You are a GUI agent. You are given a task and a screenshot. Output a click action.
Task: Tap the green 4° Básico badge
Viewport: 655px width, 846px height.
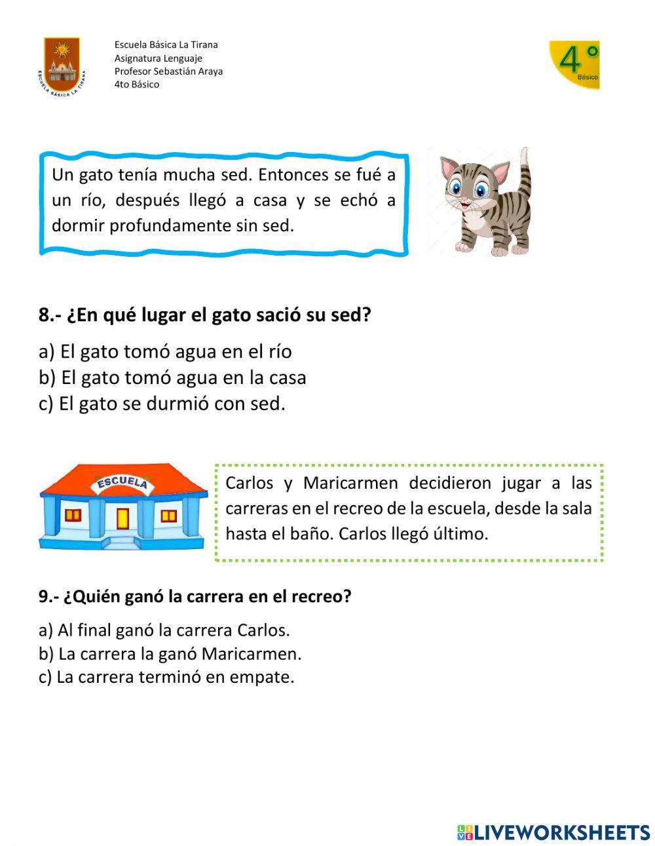click(x=574, y=65)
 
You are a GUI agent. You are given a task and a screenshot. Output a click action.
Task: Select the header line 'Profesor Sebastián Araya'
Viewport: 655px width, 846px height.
click(x=168, y=71)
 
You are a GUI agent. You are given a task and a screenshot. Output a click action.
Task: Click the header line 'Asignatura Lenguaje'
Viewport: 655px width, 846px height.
click(x=158, y=58)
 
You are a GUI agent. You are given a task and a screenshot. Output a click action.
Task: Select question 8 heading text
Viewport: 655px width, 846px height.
click(x=205, y=315)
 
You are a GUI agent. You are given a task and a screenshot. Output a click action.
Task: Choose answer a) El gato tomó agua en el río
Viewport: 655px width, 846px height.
click(x=165, y=352)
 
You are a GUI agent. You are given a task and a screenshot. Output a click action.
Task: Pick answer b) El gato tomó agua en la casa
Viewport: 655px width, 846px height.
click(x=172, y=378)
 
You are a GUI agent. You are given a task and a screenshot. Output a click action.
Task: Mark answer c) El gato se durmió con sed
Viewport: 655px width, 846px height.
click(x=162, y=404)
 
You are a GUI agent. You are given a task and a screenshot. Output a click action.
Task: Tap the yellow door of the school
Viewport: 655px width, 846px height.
click(x=122, y=518)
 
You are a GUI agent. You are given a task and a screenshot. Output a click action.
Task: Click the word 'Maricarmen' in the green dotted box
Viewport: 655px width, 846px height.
click(x=350, y=484)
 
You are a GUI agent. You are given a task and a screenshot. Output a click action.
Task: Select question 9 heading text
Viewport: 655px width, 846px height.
click(x=195, y=597)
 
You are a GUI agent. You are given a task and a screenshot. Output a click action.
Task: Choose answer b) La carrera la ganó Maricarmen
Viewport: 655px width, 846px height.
click(x=170, y=654)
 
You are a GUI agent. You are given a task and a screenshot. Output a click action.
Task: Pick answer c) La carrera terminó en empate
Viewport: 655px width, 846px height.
click(x=166, y=677)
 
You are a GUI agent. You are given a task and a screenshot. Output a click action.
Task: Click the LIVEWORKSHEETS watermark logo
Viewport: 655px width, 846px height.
click(x=553, y=832)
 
